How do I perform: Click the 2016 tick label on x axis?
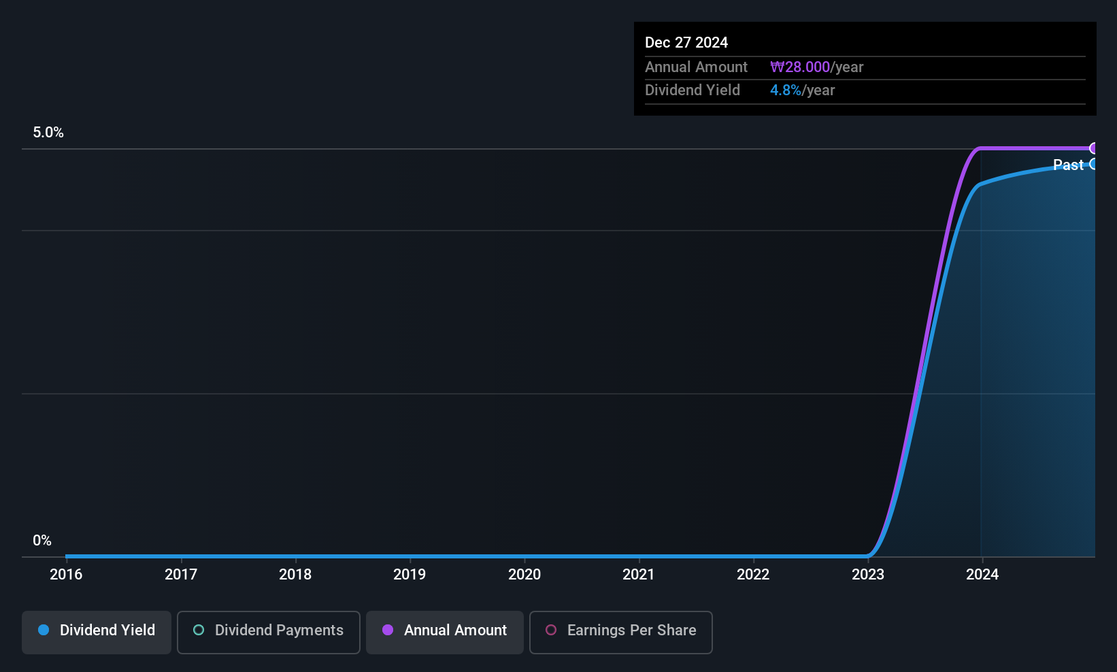click(x=66, y=574)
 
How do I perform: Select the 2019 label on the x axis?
click(x=410, y=574)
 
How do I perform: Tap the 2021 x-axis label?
click(x=638, y=574)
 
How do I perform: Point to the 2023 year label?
click(x=868, y=574)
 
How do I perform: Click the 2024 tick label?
click(x=982, y=574)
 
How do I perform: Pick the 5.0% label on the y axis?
click(x=48, y=133)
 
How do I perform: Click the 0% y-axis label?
click(x=42, y=541)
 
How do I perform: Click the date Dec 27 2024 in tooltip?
click(x=686, y=42)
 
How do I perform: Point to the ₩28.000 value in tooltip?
click(x=800, y=67)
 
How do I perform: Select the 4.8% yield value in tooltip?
click(x=786, y=90)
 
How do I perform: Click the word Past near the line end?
click(x=1067, y=165)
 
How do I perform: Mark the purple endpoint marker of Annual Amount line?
click(x=1093, y=148)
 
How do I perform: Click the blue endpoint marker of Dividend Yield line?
click(x=1093, y=164)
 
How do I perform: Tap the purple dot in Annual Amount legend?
click(x=388, y=631)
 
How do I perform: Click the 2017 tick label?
click(x=181, y=574)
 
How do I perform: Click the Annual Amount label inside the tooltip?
click(x=696, y=67)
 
